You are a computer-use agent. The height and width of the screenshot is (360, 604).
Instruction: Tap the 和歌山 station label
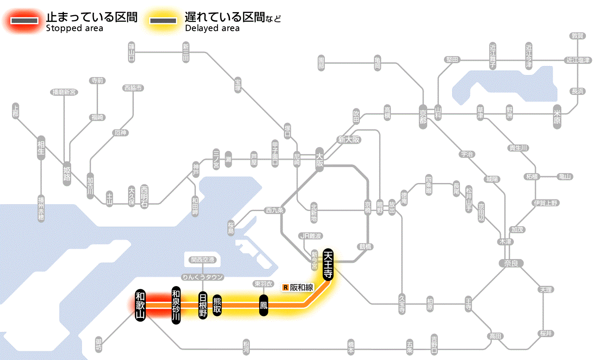(x=140, y=305)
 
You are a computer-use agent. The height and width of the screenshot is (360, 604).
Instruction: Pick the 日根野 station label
(x=203, y=305)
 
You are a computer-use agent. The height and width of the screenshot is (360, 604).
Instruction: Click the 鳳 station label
(x=264, y=306)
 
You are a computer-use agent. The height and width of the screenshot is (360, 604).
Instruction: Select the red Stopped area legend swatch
(x=26, y=21)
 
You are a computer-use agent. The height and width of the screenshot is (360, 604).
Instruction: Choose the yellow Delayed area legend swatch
(x=163, y=21)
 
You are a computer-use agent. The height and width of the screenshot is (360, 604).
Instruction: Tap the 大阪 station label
(x=319, y=160)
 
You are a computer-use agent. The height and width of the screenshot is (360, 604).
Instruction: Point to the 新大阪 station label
(x=349, y=139)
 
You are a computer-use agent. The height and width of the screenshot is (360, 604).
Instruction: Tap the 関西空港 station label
(x=203, y=260)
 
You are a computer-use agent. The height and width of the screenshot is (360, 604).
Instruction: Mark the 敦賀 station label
(x=578, y=36)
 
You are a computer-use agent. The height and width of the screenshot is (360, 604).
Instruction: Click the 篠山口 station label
(x=132, y=51)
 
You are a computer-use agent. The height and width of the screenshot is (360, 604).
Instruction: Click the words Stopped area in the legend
(x=75, y=28)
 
